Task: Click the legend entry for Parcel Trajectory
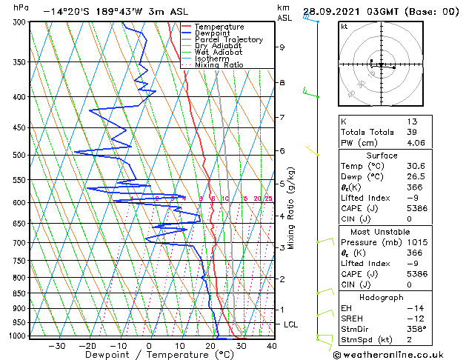(228, 39)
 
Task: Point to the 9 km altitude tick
(282, 47)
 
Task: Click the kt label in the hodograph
(344, 27)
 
